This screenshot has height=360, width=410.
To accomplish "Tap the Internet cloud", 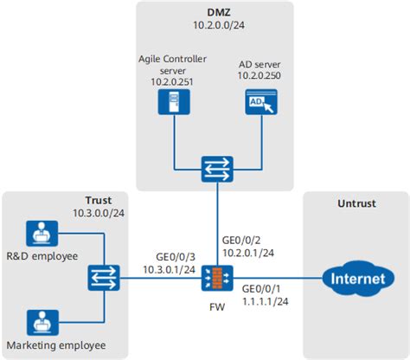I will [355, 279].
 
